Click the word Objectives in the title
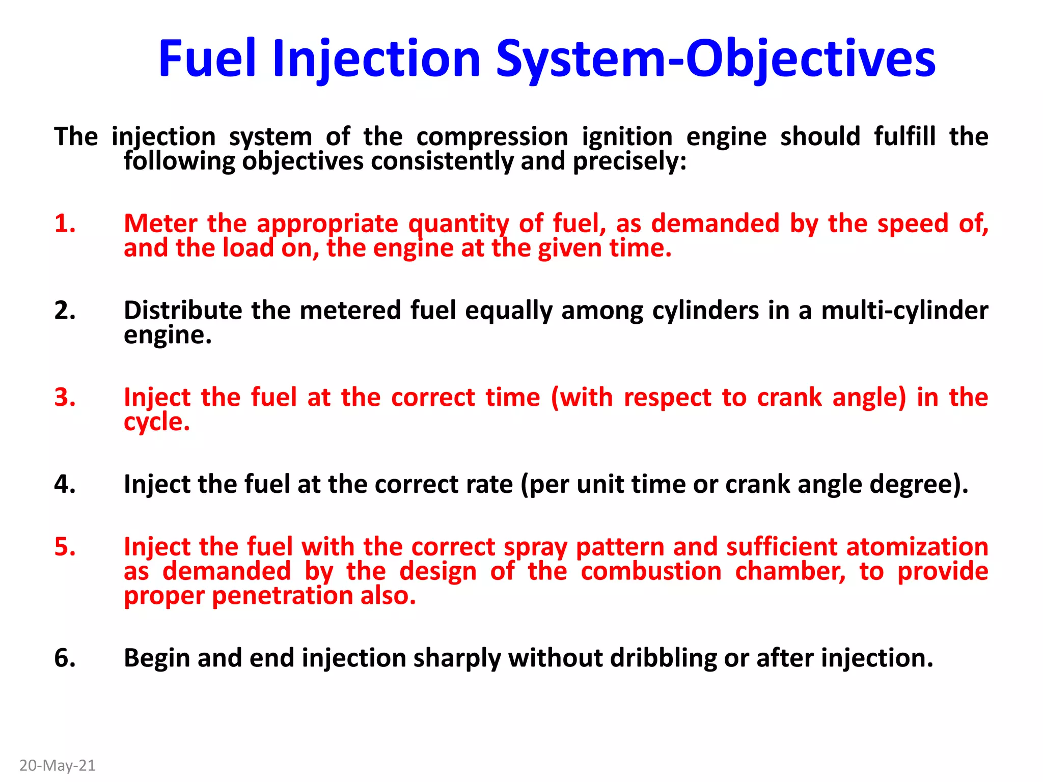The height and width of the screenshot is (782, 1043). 810,60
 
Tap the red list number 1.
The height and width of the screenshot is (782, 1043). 65,224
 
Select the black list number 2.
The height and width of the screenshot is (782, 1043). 65,310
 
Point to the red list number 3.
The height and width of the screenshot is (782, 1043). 65,397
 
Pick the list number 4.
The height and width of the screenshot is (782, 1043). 65,484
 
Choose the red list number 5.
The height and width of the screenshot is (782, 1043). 65,547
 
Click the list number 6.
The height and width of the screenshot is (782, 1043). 65,658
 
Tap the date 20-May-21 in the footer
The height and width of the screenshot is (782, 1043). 58,766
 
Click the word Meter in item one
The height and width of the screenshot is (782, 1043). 160,224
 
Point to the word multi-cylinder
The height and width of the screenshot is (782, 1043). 904,311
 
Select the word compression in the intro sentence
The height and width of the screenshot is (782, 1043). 492,137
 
